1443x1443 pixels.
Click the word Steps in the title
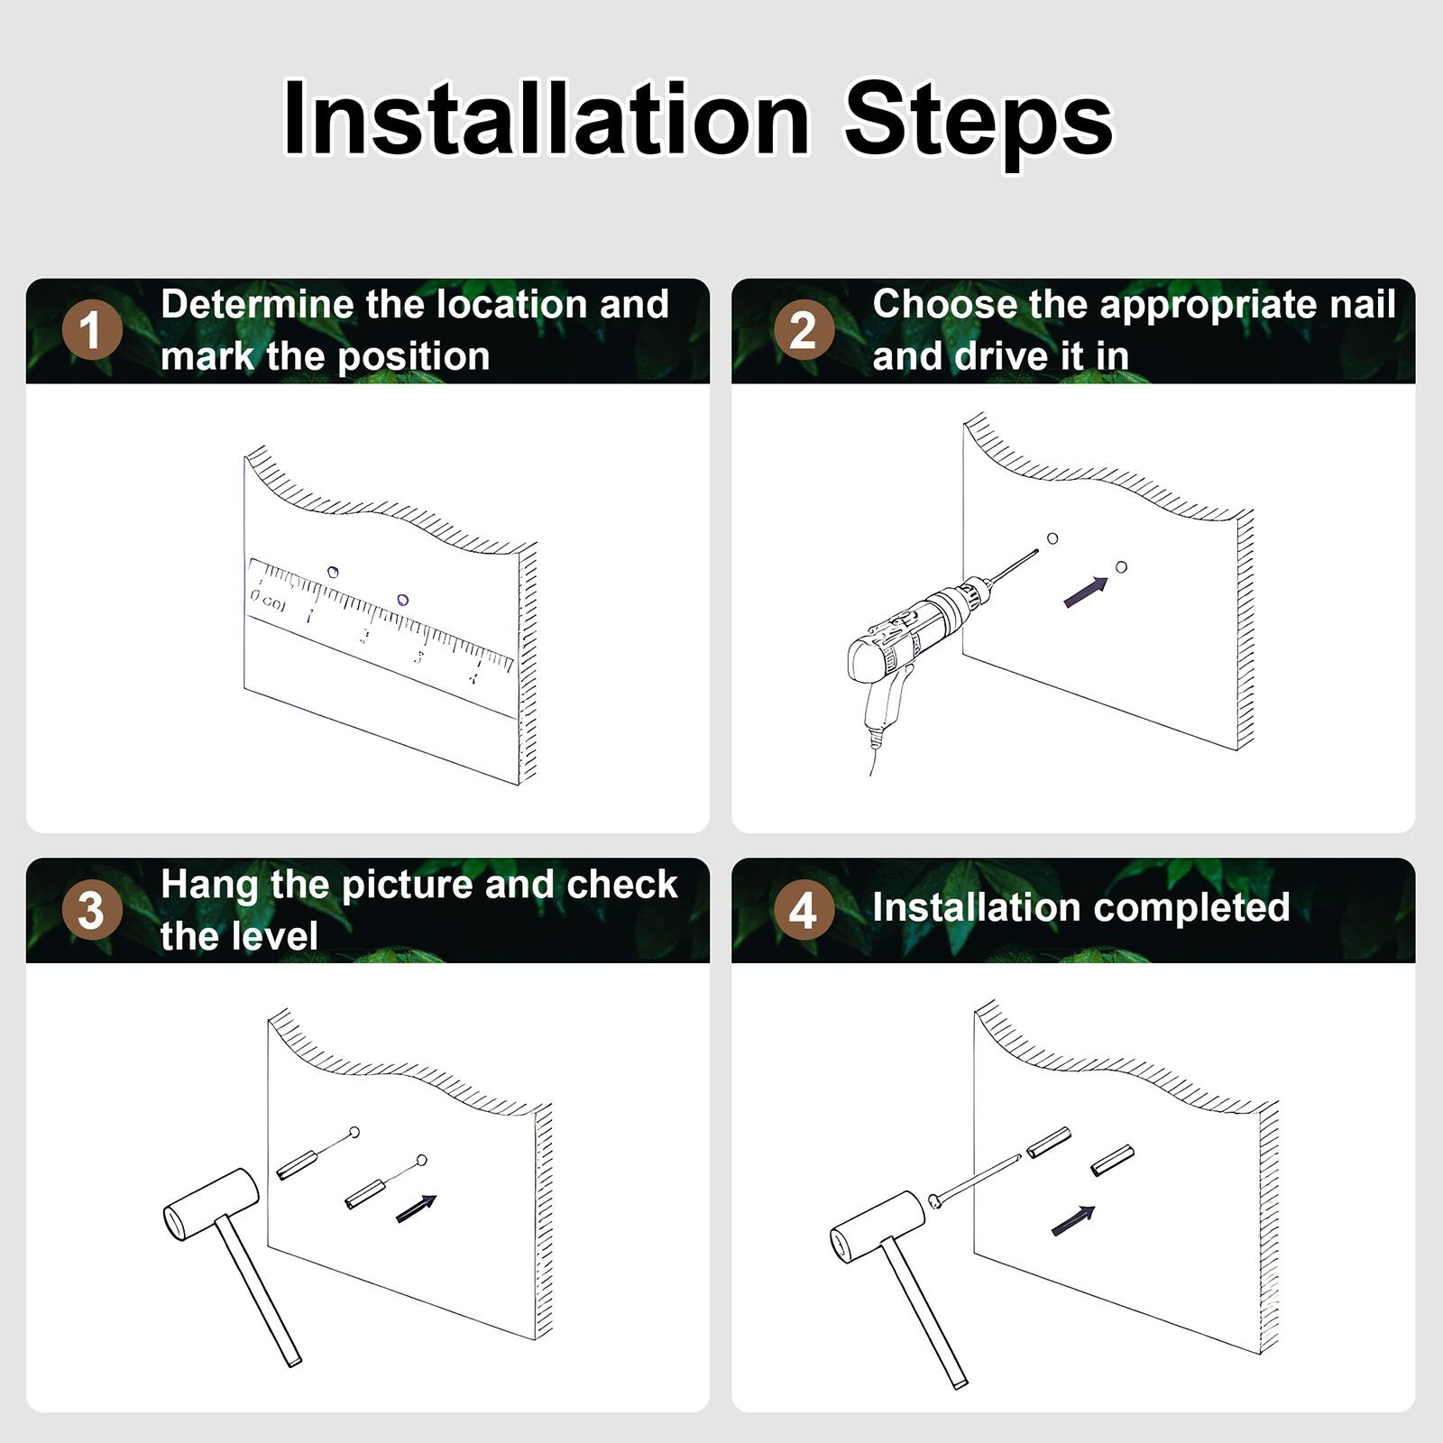[x=978, y=121]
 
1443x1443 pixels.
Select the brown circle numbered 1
[x=92, y=330]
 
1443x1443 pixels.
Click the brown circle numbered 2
[x=804, y=330]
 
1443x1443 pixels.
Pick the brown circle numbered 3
[x=92, y=910]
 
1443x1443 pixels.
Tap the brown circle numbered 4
[x=804, y=910]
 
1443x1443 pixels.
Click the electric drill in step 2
[x=911, y=631]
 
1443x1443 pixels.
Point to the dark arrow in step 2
[x=1086, y=593]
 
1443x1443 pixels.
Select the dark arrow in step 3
[x=416, y=1209]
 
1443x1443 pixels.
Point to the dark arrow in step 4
[x=1073, y=1220]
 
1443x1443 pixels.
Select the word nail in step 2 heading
[x=1362, y=305]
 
